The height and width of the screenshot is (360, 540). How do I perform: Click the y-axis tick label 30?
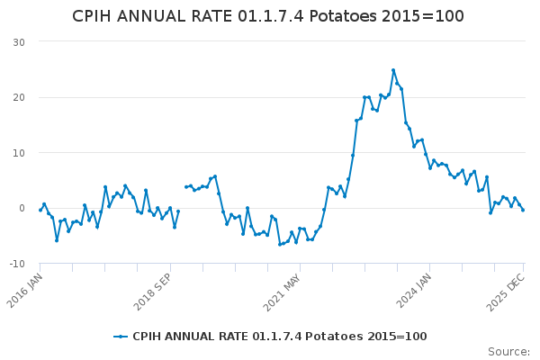pos(18,42)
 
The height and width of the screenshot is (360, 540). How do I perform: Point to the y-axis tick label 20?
pos(18,97)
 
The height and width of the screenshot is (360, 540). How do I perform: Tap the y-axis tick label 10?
pos(18,153)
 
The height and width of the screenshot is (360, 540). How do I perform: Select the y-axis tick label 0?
pos(21,208)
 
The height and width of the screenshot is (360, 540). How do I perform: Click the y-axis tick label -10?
pos(16,264)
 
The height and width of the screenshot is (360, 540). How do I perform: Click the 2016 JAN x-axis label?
pos(27,289)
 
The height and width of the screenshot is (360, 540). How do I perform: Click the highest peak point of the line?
pos(393,70)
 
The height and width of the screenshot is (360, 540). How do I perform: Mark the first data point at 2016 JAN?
pos(40,210)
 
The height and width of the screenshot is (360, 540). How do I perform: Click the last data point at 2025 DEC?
pos(523,210)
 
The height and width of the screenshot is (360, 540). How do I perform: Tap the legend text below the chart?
pos(279,337)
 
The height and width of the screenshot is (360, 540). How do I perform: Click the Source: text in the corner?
pos(508,351)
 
